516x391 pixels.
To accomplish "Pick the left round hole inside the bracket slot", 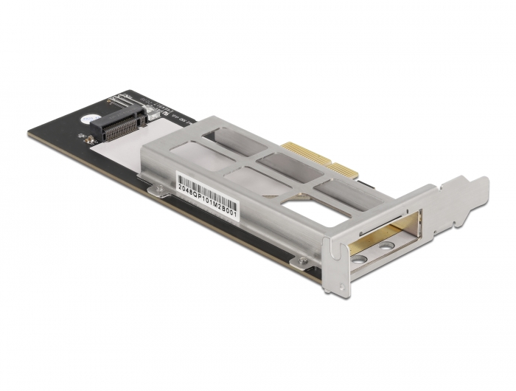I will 359,258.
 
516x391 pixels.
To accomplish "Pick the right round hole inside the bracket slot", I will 385,246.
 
